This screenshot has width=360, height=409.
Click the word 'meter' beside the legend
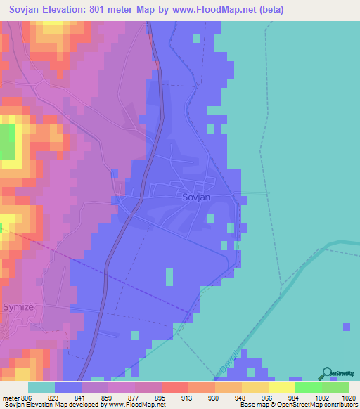(x=10, y=397)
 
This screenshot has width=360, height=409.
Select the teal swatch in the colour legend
(x=41, y=387)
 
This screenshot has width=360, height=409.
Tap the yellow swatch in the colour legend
(x=281, y=387)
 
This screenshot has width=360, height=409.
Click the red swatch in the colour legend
(x=174, y=387)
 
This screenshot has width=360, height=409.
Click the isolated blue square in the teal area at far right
(x=347, y=327)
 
